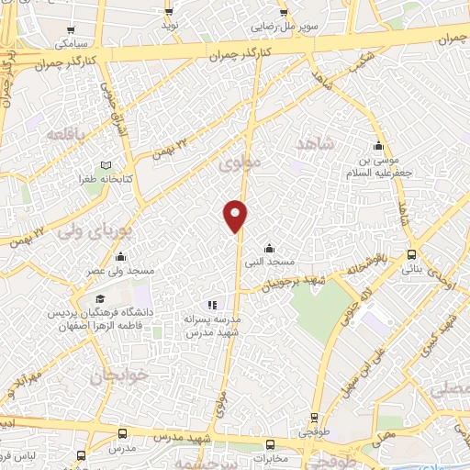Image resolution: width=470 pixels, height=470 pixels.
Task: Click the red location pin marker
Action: tap(236, 215)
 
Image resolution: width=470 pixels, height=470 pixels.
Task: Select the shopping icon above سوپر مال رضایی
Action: tap(285, 12)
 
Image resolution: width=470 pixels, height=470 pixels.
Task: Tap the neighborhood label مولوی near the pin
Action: tap(241, 162)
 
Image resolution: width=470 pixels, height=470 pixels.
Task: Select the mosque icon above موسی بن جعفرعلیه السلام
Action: tap(378, 146)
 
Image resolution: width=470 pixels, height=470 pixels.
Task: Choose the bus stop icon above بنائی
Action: tap(411, 255)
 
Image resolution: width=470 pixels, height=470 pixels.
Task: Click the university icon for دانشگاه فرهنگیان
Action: tap(100, 299)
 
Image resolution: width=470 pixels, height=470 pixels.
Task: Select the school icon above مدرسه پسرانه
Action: tap(212, 304)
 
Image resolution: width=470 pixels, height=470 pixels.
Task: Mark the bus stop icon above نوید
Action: tap(169, 12)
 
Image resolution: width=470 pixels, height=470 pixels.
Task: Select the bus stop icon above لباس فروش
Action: tap(82, 455)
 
